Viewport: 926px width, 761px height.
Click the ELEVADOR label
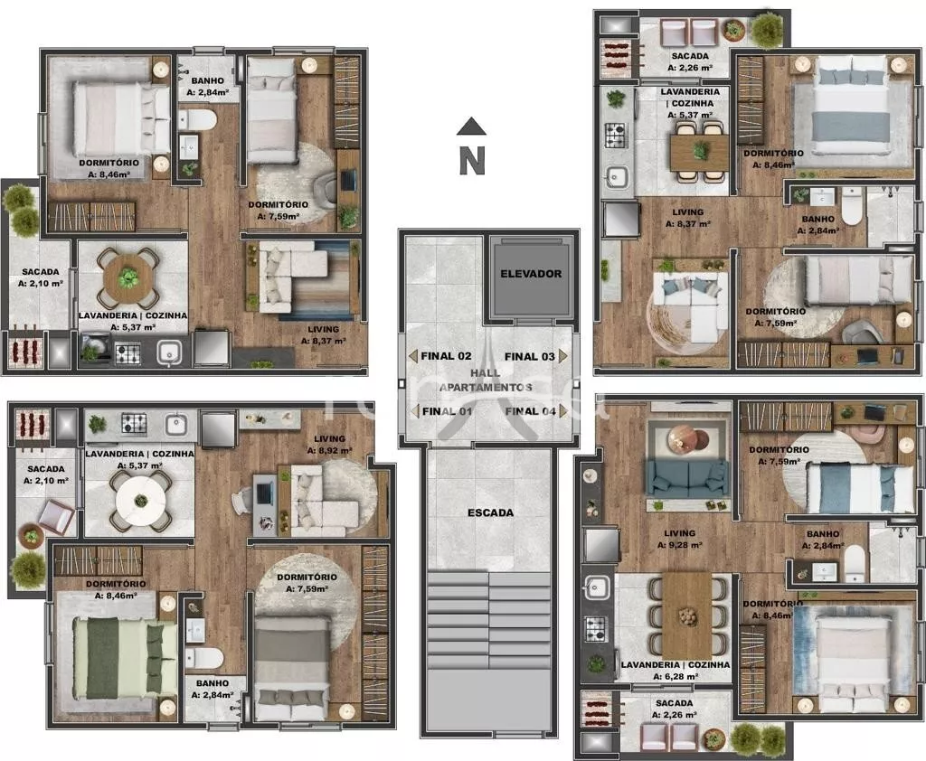pos(531,274)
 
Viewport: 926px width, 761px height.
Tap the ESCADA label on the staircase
pos(490,513)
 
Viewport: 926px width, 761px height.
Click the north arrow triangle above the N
pos(471,126)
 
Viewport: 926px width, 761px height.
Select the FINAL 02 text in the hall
pos(446,356)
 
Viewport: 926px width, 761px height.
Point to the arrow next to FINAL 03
pos(562,357)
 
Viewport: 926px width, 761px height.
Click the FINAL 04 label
pos(530,411)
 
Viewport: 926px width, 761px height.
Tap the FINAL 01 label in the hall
pos(447,411)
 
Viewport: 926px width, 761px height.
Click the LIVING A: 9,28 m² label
pos(680,539)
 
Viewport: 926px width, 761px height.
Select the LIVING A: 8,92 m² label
pos(329,445)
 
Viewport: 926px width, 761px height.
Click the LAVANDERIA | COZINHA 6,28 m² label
pos(675,671)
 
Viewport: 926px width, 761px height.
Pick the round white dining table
pos(140,502)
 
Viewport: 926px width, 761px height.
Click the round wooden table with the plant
pos(128,278)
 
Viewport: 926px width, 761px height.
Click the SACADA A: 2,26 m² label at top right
pos(690,62)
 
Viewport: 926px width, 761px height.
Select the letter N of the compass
pos(472,161)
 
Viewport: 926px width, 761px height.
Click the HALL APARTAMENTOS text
pos(486,380)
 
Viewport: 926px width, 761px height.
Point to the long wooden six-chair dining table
pos(687,615)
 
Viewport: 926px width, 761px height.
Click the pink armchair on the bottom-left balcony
pos(56,517)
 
